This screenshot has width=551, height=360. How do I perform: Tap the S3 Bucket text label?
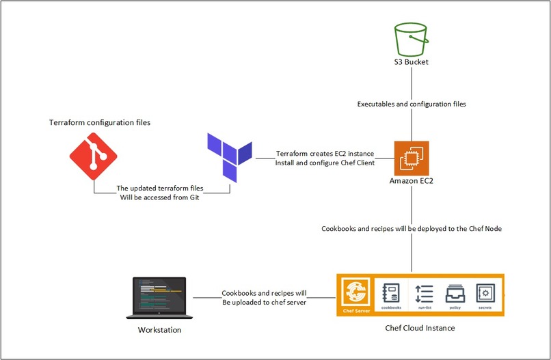[411, 62]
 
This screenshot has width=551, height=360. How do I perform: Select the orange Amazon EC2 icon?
[412, 158]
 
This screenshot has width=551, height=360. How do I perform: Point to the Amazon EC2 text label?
[412, 182]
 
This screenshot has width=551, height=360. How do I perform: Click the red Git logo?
[94, 156]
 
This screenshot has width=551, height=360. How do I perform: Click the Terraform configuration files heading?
[100, 122]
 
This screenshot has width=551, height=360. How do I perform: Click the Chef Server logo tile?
[355, 295]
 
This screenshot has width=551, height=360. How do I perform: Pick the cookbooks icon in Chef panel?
[391, 294]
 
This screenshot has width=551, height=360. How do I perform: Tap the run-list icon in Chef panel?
[424, 294]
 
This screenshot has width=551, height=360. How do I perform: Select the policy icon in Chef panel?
[455, 294]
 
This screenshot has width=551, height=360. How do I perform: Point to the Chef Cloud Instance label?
[420, 328]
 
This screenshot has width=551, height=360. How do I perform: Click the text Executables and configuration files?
[411, 105]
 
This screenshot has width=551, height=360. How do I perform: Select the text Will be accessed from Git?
[161, 198]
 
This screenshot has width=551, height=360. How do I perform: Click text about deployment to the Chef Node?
[412, 229]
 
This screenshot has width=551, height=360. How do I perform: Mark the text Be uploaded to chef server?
[264, 303]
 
